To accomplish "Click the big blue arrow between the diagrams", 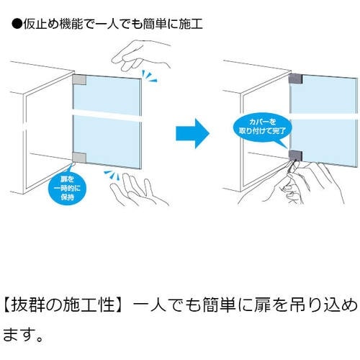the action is pos(192,133).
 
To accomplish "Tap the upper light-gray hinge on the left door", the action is pos(79,80).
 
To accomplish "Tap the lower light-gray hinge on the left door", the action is pos(79,157).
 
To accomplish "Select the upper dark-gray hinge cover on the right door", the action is pos(295,78).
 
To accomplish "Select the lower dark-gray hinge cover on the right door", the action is pos(295,156).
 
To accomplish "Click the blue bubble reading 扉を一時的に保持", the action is pos(67,188).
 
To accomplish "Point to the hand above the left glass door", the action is pos(141,55).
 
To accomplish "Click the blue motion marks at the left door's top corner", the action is pos(149,76).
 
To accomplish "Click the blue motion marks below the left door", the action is pos(112,175).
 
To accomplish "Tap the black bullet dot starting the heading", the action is pos(17,24).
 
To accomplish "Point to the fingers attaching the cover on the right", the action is pos(294,179).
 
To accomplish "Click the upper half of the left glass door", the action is pos(107,94).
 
